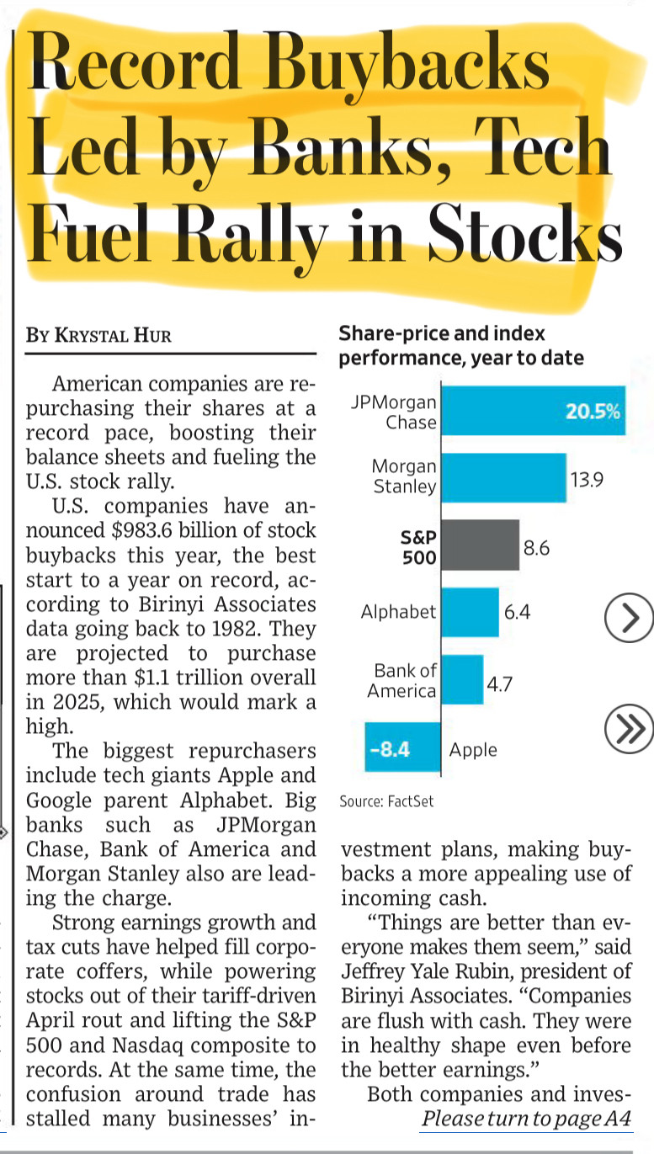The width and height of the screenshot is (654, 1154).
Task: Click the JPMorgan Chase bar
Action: tap(534, 410)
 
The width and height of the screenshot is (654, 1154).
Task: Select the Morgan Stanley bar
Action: tap(504, 477)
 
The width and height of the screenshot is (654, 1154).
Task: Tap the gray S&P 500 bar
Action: tap(481, 545)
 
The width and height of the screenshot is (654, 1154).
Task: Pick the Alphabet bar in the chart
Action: tap(470, 612)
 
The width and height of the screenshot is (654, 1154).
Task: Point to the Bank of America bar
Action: tap(462, 679)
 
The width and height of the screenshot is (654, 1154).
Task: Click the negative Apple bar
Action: tap(402, 747)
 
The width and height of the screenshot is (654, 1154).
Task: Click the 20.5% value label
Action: tap(593, 411)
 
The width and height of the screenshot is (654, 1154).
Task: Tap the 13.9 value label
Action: tap(587, 480)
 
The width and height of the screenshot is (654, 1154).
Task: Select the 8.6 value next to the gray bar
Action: tap(536, 548)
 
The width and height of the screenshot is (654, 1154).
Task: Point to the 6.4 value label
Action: tap(517, 612)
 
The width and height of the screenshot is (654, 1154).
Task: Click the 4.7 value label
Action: tap(499, 684)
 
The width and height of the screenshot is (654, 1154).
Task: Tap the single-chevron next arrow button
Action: tap(629, 617)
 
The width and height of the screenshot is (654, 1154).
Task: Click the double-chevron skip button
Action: tap(629, 728)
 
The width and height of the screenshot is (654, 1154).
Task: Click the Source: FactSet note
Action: tap(386, 801)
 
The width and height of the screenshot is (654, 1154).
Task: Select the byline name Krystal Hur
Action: tap(113, 335)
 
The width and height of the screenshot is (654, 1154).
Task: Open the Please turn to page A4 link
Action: tap(527, 1119)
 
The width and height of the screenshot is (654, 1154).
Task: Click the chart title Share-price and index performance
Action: tap(461, 346)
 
